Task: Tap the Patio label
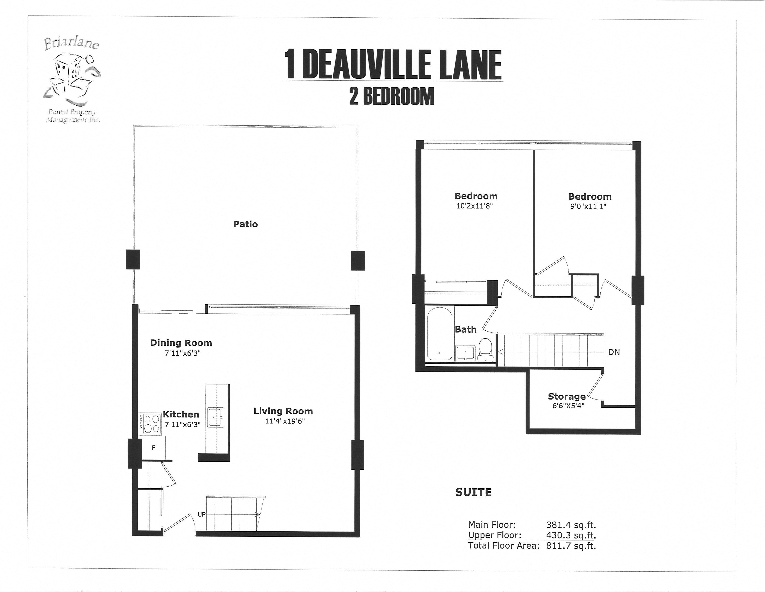pos(245,224)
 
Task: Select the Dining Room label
pos(181,343)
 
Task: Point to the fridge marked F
pos(153,448)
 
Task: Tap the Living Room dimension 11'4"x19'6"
pos(285,421)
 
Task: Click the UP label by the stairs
pos(201,514)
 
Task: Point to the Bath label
pos(465,329)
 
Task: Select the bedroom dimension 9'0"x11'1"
pos(588,206)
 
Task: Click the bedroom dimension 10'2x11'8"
pos(474,206)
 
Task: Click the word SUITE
pos(473,492)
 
